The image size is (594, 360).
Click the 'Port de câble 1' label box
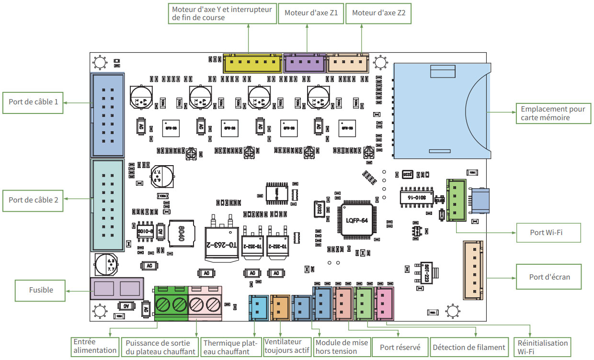33,102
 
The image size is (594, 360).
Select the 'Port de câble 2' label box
33,200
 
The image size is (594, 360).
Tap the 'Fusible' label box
40,290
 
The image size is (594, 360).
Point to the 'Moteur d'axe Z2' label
378,13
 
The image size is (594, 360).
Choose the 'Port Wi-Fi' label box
548,233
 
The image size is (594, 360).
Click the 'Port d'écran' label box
549,277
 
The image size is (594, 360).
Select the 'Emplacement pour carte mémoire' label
553,113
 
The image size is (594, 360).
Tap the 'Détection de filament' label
468,348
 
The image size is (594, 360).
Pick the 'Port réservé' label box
400,348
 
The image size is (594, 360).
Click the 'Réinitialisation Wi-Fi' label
542,347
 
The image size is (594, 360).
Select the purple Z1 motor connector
305,63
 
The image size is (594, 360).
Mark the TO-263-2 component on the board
221,242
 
